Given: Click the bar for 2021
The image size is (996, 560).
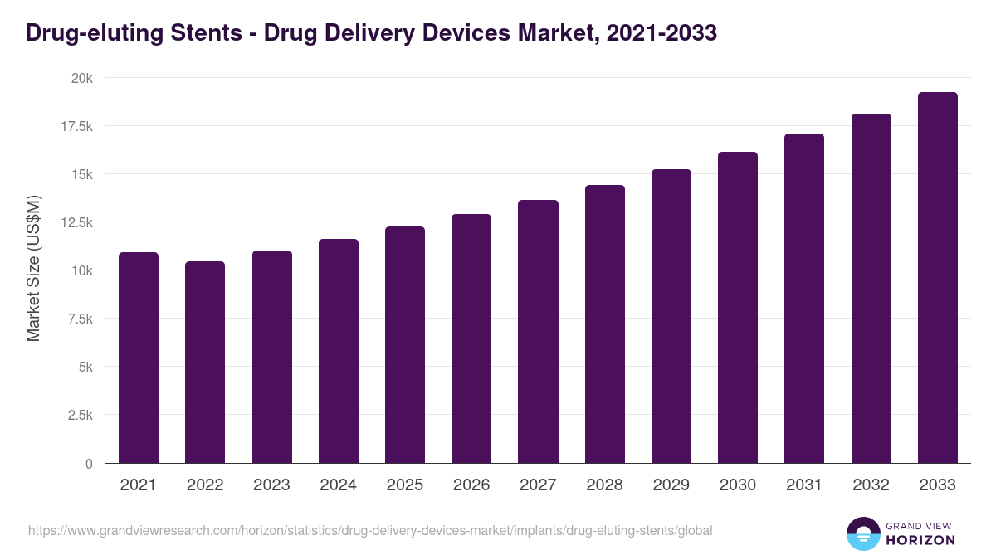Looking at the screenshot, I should tap(139, 358).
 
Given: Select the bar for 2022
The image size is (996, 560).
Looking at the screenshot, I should tap(205, 363).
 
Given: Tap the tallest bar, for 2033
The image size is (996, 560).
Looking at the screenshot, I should tap(937, 278).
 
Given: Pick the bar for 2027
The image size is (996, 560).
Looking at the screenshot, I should tap(538, 332).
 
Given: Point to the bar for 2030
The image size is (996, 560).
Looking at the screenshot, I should tap(738, 308).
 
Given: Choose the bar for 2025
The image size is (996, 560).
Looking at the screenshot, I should tap(405, 345).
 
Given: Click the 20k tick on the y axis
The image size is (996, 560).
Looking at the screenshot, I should tap(81, 78).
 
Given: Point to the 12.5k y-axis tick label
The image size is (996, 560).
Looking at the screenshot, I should tap(76, 222).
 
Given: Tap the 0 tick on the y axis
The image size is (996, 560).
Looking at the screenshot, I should tap(88, 464).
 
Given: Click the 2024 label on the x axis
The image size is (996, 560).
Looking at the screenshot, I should tap(338, 485).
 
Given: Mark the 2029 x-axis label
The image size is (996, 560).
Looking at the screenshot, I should tap(671, 485).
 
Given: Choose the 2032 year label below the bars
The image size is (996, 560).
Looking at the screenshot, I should tap(871, 485).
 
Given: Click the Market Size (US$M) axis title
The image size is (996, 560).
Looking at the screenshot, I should tap(33, 268).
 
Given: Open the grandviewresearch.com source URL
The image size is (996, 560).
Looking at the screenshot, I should tap(370, 530).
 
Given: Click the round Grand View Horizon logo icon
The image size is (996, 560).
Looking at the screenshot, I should tap(862, 533).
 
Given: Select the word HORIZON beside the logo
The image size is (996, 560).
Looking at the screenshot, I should tap(920, 540).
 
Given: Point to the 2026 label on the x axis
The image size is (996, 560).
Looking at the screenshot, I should tap(471, 485).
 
